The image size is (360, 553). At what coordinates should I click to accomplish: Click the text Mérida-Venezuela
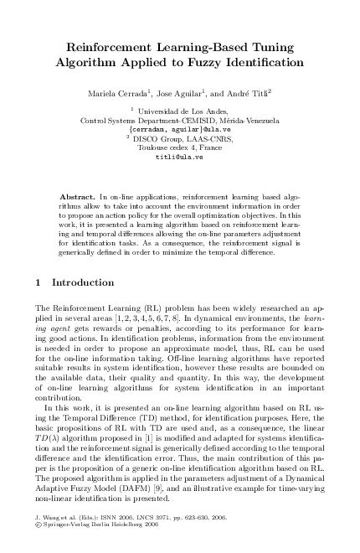[x=242, y=120]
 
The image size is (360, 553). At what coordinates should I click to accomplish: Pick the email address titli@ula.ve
[x=179, y=156]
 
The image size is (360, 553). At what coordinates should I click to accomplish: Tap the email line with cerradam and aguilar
[x=179, y=129]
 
